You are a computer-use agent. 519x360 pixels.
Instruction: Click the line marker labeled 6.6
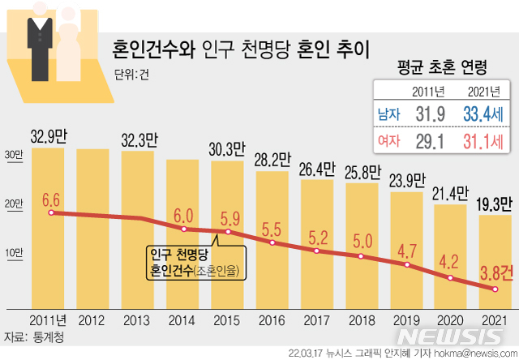pos(51,212)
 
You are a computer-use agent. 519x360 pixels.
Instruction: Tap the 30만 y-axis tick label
pos(13,156)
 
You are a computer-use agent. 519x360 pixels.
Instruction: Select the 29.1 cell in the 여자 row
pos(427,143)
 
